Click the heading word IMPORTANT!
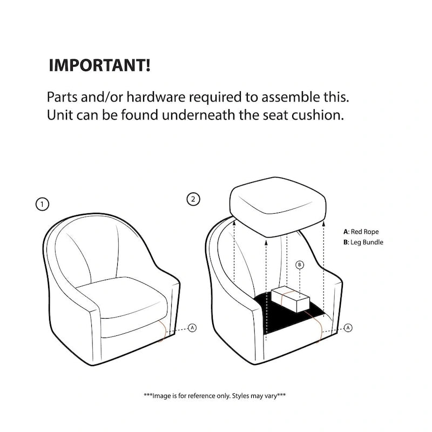[99, 65]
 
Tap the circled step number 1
[42, 204]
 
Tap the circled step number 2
[193, 199]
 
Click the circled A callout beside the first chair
[192, 328]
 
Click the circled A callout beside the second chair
[348, 328]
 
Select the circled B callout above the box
[300, 265]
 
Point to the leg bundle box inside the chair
[291, 299]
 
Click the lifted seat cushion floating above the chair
[278, 207]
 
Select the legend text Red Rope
[364, 232]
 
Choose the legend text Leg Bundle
[367, 242]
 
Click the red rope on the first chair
[163, 331]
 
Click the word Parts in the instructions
[62, 97]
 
